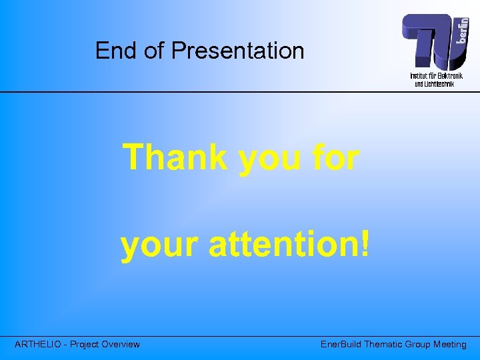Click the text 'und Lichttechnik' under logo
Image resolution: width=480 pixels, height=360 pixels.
point(434,84)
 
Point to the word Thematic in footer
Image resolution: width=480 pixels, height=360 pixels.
point(385,345)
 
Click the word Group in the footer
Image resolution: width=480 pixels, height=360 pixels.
point(421,345)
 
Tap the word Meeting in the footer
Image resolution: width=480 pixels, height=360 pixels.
point(451,345)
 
